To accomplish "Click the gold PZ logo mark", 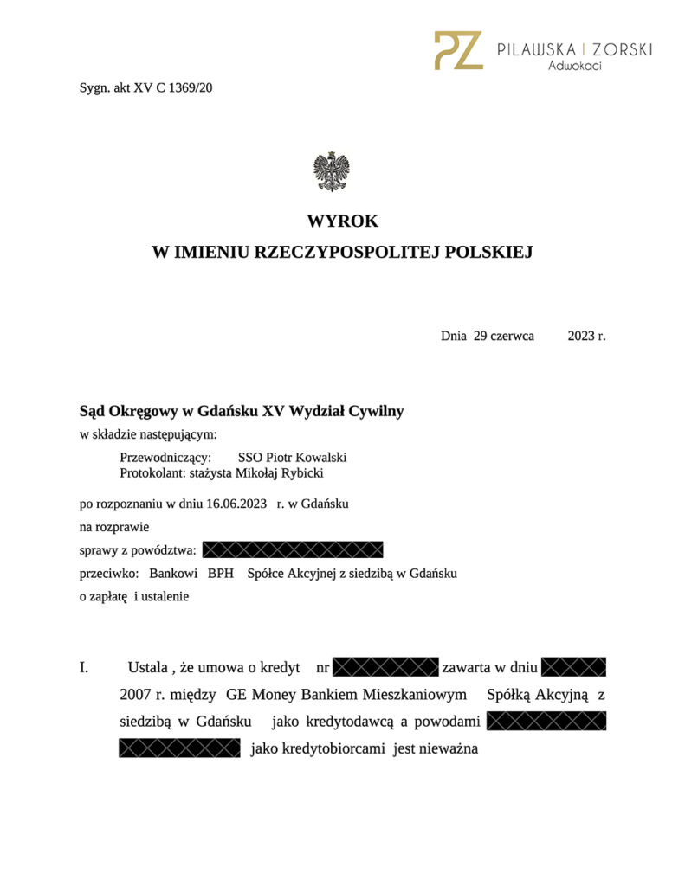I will pos(458,50).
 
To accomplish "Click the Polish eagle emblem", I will pos(332,170).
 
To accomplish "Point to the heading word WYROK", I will pos(342,221).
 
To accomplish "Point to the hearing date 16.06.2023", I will pos(236,504).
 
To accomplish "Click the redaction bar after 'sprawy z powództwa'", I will pos(292,549).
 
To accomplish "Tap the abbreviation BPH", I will pos(221,573).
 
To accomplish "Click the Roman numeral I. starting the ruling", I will pos(85,668).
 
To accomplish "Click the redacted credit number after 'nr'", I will pos(385,667).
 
